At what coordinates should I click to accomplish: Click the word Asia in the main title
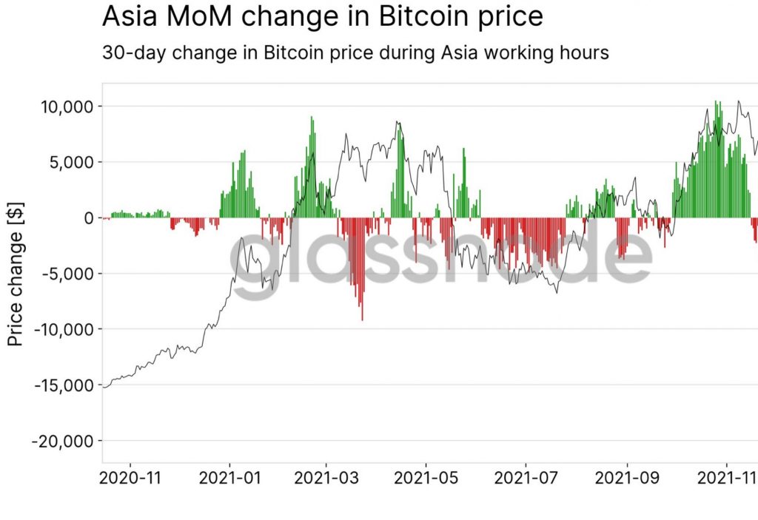tap(127, 16)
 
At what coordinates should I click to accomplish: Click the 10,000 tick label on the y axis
tap(65, 107)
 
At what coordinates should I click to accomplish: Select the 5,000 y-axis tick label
tap(71, 162)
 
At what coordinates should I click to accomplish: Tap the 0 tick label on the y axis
tap(88, 217)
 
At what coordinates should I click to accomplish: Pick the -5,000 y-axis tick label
tap(67, 274)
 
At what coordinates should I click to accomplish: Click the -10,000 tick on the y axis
tap(62, 329)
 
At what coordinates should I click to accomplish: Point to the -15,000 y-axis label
tap(62, 385)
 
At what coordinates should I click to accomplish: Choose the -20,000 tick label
tap(62, 441)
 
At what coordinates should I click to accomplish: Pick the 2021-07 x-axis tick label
tap(526, 478)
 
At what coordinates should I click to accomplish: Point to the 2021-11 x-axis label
tap(726, 478)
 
